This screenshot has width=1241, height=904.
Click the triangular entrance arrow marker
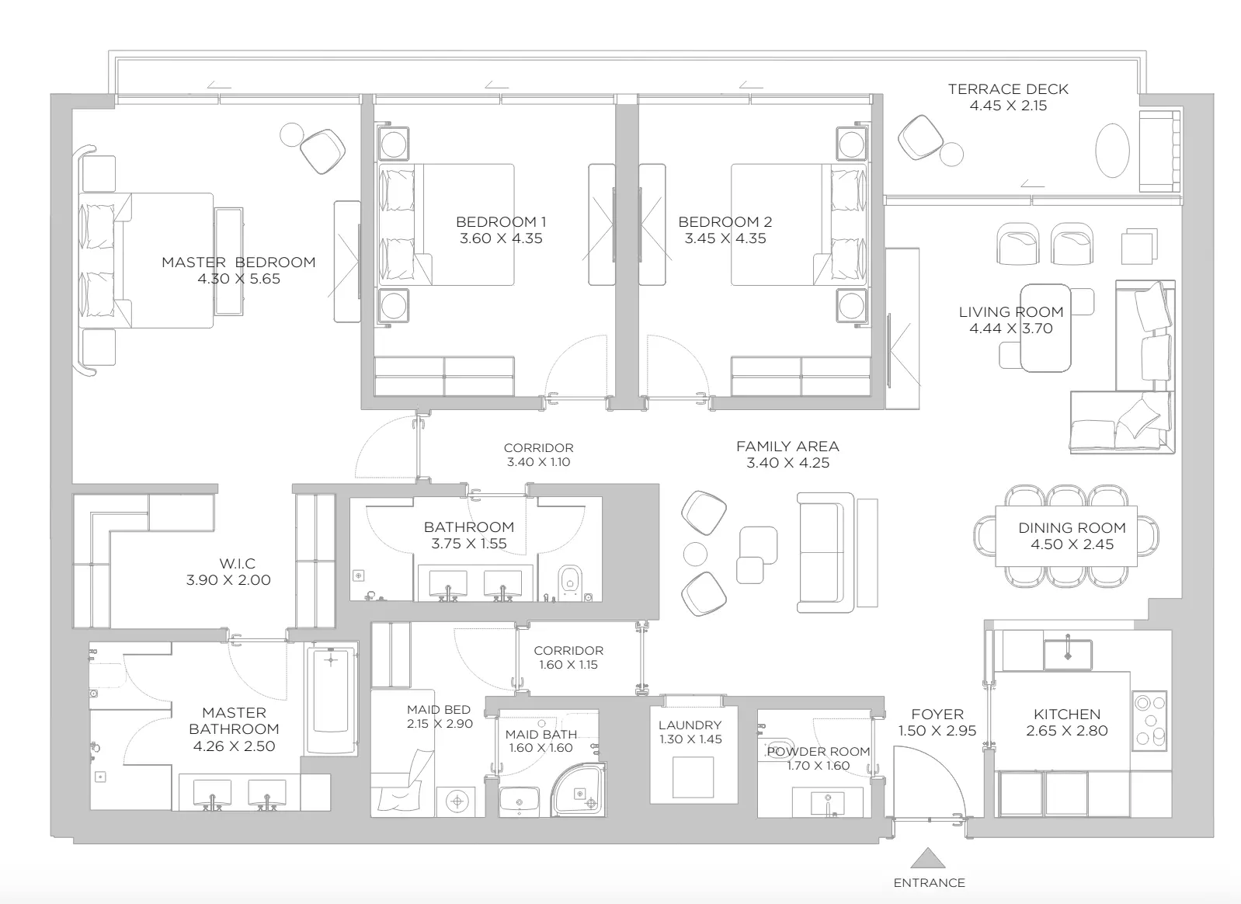(929, 858)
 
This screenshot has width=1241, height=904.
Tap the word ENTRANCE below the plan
(929, 883)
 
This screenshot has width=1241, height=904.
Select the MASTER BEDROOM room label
(238, 262)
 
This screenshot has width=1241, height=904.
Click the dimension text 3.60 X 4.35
(501, 238)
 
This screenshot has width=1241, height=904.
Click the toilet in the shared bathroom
(568, 581)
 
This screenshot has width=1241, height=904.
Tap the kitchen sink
(1068, 655)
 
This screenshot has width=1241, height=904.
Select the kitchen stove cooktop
(1149, 721)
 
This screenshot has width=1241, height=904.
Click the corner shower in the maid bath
(579, 790)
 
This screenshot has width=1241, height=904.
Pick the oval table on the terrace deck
(1112, 150)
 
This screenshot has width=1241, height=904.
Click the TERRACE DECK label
(1008, 89)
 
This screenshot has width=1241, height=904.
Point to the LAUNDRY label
(690, 725)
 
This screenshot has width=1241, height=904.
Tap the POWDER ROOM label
(819, 751)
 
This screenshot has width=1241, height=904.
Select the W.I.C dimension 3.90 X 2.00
(228, 580)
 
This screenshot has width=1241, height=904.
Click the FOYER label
(937, 714)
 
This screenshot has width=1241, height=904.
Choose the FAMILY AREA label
(787, 446)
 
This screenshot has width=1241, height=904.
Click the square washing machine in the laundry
(693, 777)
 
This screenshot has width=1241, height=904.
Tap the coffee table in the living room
(1045, 328)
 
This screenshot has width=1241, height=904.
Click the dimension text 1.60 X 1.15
(568, 665)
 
